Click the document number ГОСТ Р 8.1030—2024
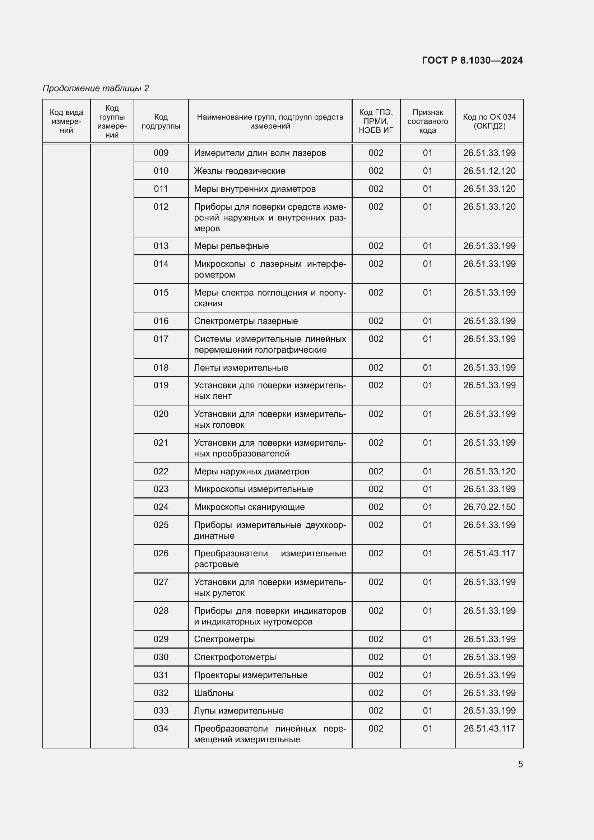coord(472,60)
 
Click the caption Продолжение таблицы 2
coord(96,88)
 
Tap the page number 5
coord(520,764)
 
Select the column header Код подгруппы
coord(161,121)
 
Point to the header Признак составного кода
coord(427,121)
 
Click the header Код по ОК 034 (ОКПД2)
coord(489,121)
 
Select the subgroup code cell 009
coord(161,153)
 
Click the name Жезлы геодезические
coord(239,171)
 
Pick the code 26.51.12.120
coord(489,171)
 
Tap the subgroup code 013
coord(161,246)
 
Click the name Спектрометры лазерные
coord(246,321)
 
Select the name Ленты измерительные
coord(241,368)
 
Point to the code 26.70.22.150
coord(489,507)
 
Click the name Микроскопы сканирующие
coord(249,507)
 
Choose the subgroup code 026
coord(161,553)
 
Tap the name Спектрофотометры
coord(235,657)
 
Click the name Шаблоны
coord(214,693)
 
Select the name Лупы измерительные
coord(238,710)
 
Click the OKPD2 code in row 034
coord(489,728)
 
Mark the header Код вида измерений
coord(66,121)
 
